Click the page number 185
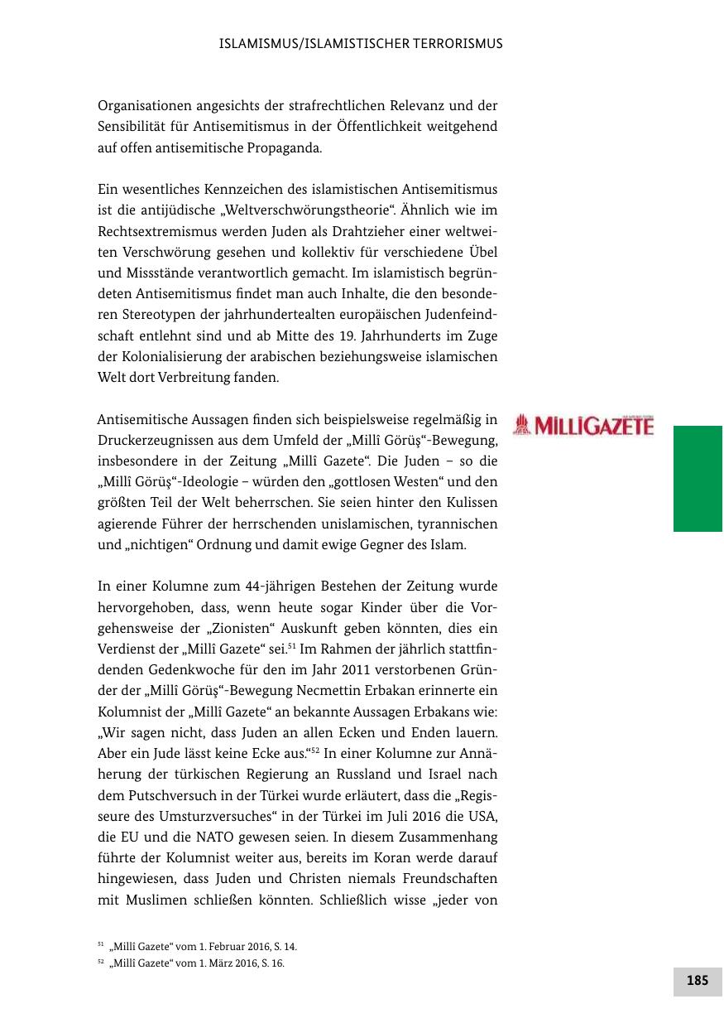point(698,981)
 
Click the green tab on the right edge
point(698,478)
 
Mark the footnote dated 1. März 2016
point(197,963)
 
